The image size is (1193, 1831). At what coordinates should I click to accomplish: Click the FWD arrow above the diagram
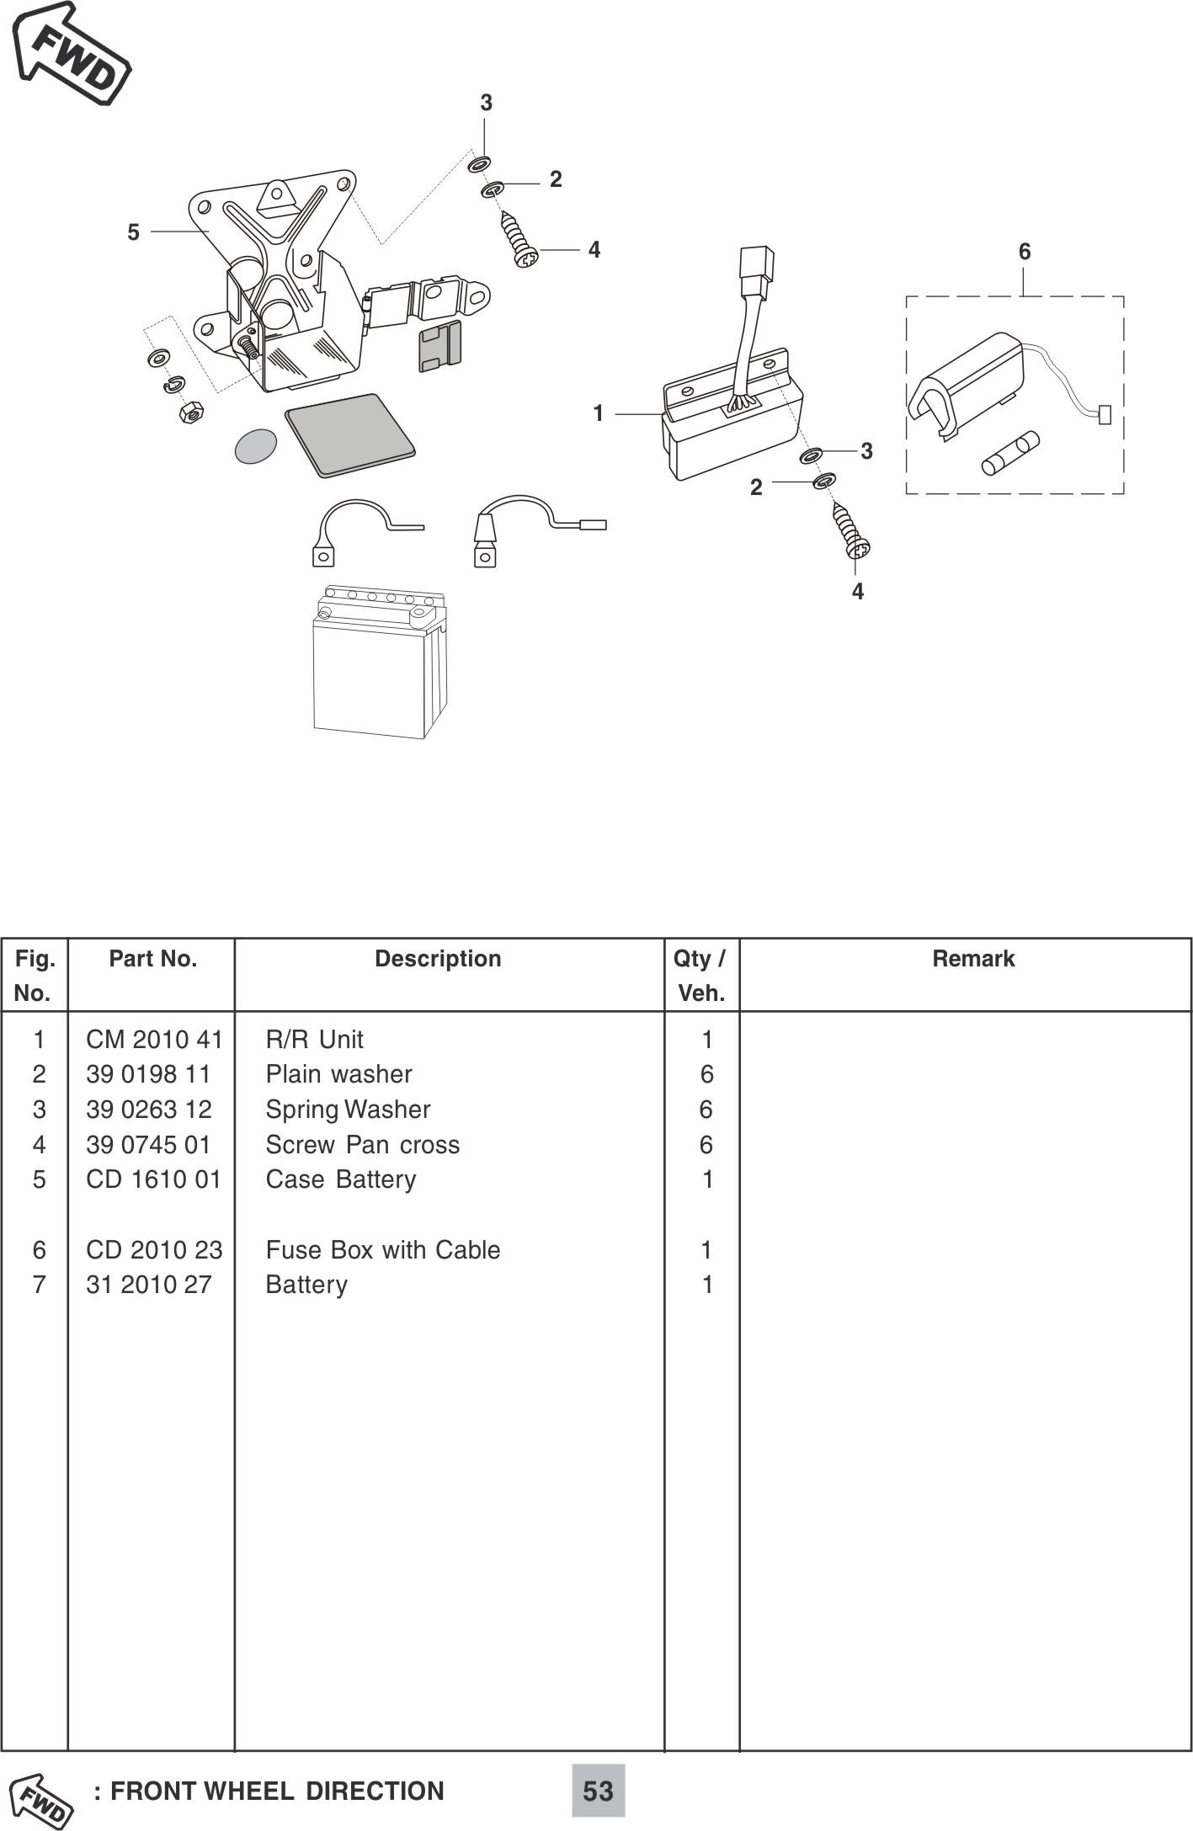point(72,54)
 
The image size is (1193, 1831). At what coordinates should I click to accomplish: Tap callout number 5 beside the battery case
point(133,232)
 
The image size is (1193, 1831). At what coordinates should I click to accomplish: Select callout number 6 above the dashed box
point(1024,252)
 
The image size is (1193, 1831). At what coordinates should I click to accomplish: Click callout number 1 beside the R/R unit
point(598,413)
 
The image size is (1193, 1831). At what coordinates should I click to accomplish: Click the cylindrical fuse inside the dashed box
point(1010,453)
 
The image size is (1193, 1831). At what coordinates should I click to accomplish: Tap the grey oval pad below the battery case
point(256,446)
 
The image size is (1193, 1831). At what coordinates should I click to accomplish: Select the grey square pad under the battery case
point(349,434)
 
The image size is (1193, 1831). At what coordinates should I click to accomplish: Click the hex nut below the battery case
point(191,413)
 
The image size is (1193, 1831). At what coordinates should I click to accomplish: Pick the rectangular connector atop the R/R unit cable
point(756,271)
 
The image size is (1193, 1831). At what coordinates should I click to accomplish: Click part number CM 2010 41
point(154,1040)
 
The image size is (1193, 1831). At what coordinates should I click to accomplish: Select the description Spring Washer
point(348,1110)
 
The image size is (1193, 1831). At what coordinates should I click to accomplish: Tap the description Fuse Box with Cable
point(383,1250)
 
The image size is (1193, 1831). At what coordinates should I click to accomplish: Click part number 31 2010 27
point(148,1285)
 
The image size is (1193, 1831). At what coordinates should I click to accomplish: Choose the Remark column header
point(972,959)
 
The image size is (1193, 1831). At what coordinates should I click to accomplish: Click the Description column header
point(438,959)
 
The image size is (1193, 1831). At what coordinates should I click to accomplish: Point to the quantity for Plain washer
point(706,1074)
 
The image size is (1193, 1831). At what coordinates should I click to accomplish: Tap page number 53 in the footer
point(598,1791)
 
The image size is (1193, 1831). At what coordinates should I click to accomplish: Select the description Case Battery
point(341,1179)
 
